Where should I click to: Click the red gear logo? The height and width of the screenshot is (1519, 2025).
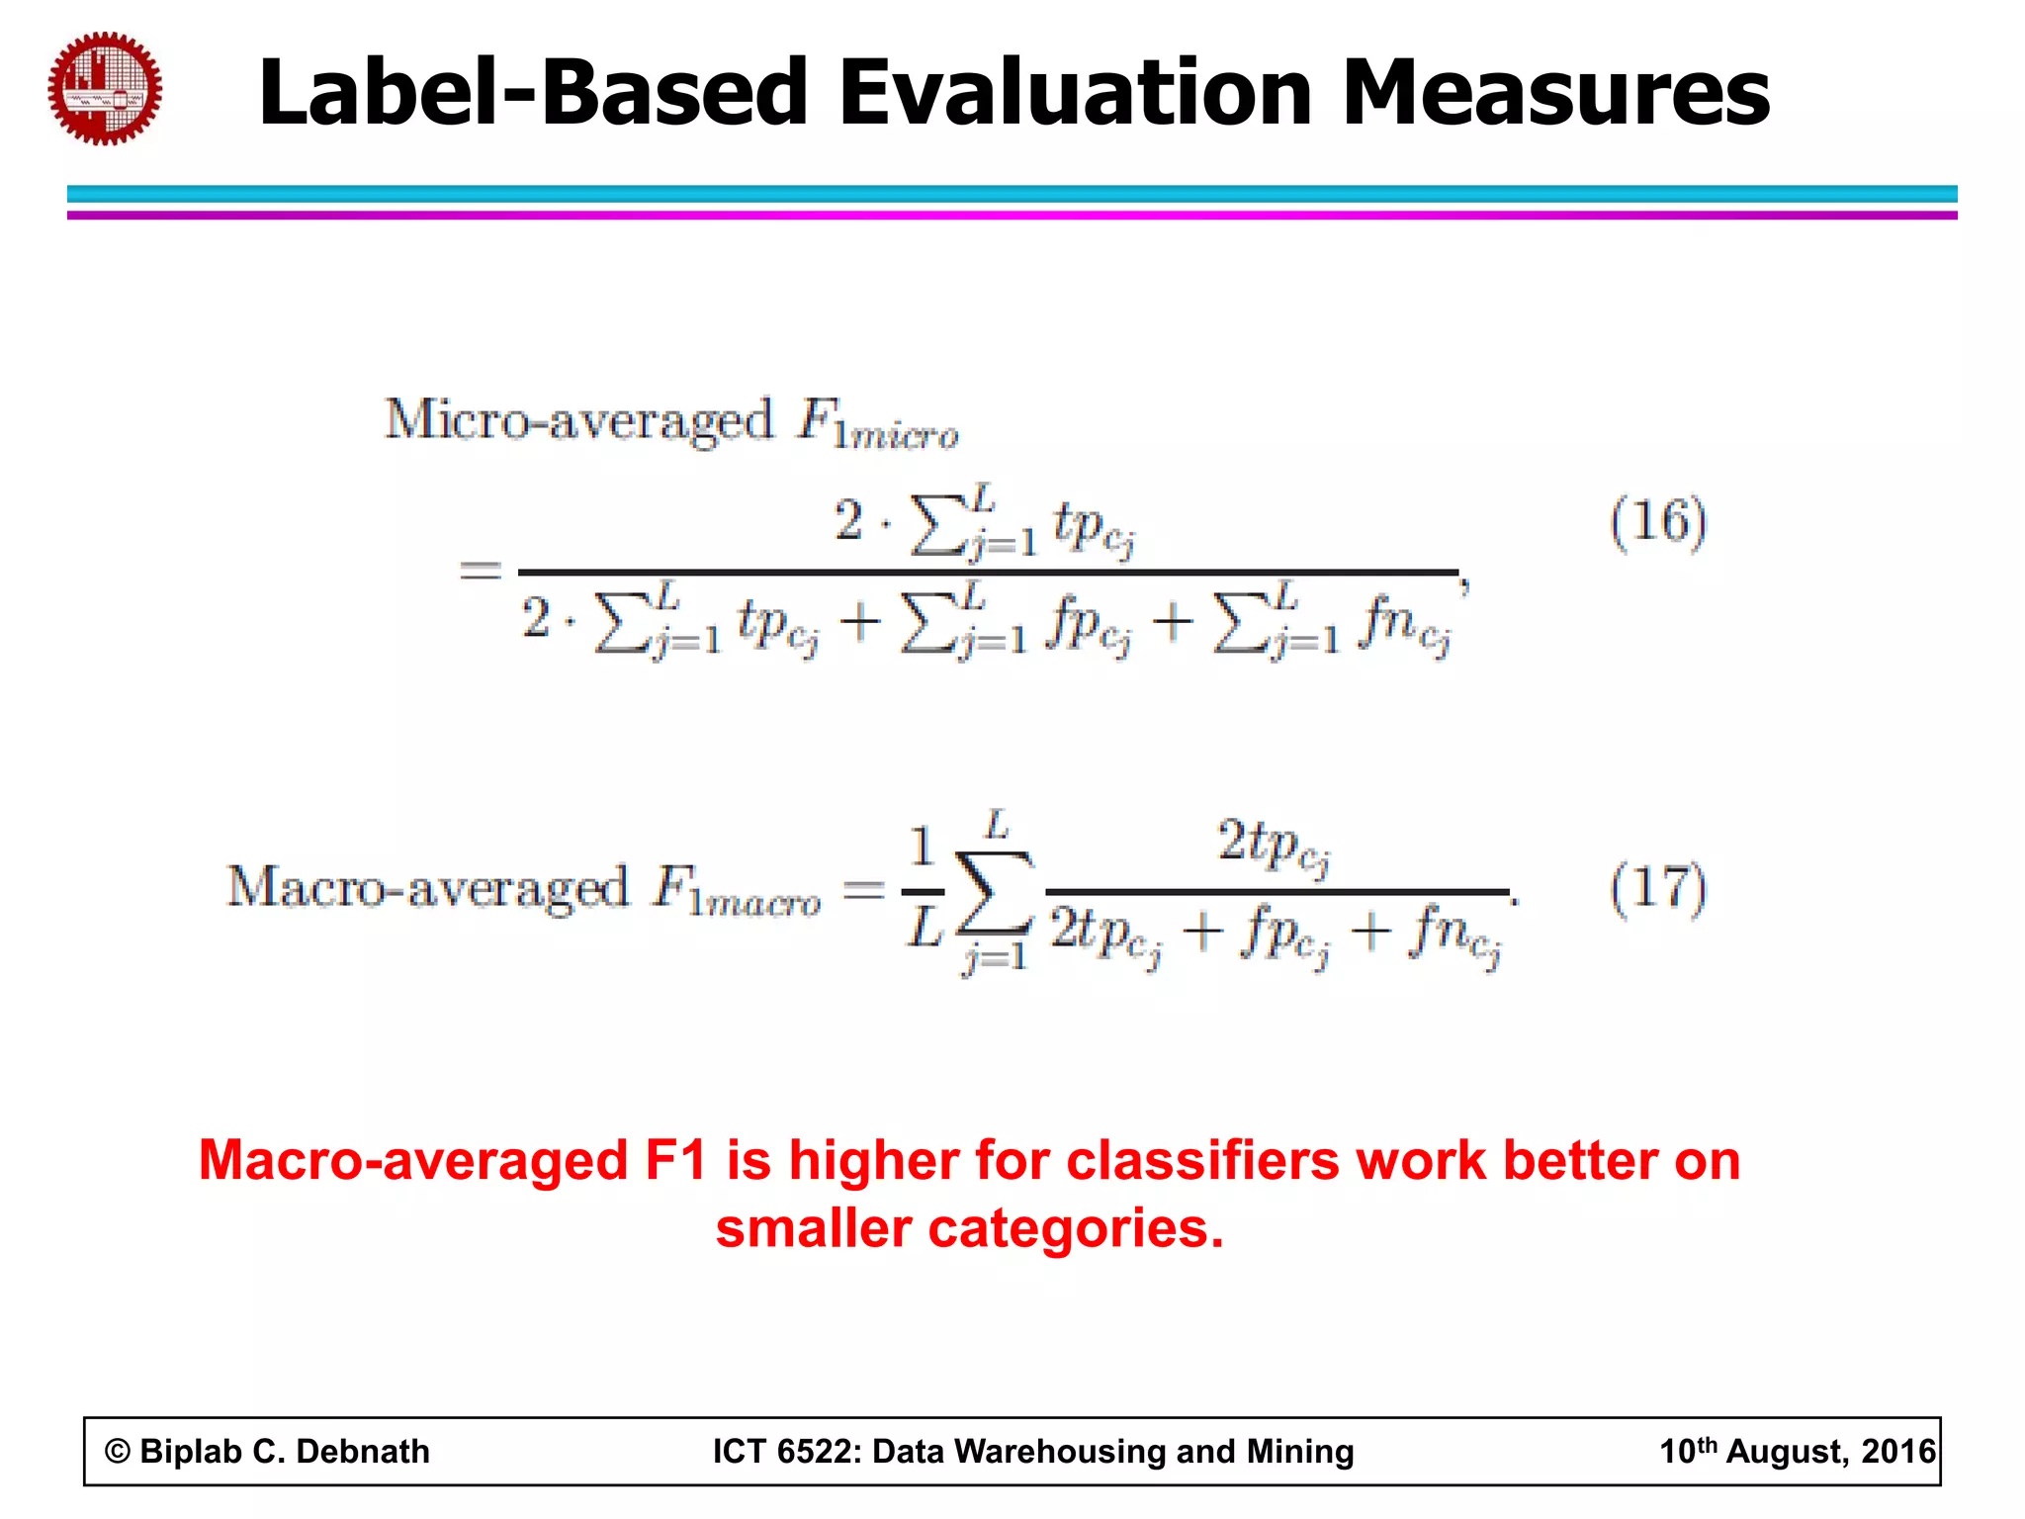(x=105, y=89)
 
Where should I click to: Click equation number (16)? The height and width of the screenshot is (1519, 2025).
(x=1658, y=521)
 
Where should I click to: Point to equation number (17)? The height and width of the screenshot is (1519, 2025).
(x=1658, y=887)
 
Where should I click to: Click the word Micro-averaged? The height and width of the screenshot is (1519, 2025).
(x=578, y=420)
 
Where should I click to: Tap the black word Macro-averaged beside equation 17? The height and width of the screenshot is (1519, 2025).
(x=427, y=887)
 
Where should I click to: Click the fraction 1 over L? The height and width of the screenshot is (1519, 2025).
(x=923, y=887)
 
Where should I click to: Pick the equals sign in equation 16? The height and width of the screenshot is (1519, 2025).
(x=481, y=571)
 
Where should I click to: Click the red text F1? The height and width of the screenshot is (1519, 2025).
(x=675, y=1160)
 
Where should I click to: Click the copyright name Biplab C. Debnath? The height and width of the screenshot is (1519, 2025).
(x=285, y=1451)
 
